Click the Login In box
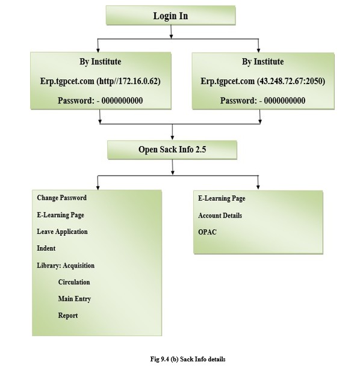(170, 16)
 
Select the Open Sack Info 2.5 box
(172, 150)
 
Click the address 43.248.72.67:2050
(291, 81)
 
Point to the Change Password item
(62, 198)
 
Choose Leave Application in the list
(62, 231)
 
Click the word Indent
(46, 248)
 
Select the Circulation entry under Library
(74, 282)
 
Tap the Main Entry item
(75, 299)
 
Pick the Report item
(68, 316)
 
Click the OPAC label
(208, 232)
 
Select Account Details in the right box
(220, 215)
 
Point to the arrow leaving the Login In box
(171, 31)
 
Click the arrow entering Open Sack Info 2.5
(172, 132)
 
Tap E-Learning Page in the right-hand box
(222, 198)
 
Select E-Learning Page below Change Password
(61, 215)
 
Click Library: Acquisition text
(66, 266)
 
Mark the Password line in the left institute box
(100, 100)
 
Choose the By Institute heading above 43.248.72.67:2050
(262, 61)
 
